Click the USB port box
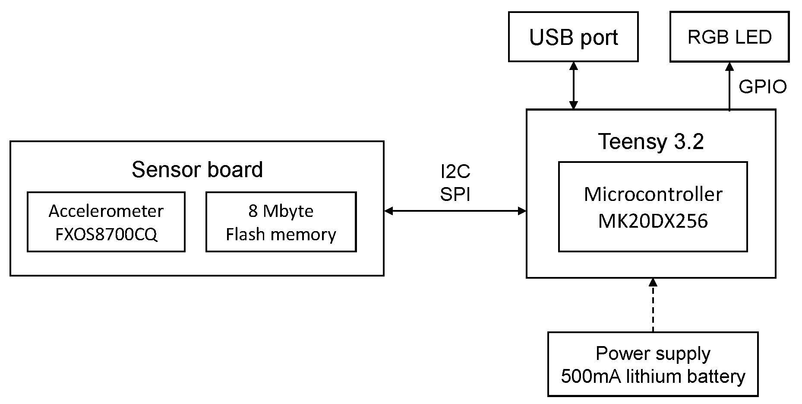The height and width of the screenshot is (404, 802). [x=573, y=37]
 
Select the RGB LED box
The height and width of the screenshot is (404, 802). [x=729, y=37]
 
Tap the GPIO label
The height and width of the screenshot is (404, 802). [x=762, y=87]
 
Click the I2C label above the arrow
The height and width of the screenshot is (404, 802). [x=455, y=172]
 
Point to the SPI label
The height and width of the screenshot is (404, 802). [x=455, y=194]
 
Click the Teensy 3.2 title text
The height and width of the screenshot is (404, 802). [x=650, y=141]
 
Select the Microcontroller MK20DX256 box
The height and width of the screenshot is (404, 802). [x=653, y=207]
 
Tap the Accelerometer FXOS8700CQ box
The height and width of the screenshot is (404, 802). [x=106, y=222]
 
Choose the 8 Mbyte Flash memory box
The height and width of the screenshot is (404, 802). [x=281, y=222]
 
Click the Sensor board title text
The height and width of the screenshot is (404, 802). [x=197, y=169]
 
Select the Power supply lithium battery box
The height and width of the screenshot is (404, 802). [x=653, y=364]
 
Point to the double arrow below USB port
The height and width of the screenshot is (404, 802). [x=573, y=86]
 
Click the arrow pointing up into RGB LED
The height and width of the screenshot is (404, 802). [x=729, y=86]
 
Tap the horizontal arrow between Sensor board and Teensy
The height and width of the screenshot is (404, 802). [x=455, y=211]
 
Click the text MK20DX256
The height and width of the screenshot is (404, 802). [x=653, y=221]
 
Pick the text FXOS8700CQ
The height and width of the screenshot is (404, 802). [x=106, y=234]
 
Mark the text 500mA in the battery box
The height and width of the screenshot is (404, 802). [x=590, y=376]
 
